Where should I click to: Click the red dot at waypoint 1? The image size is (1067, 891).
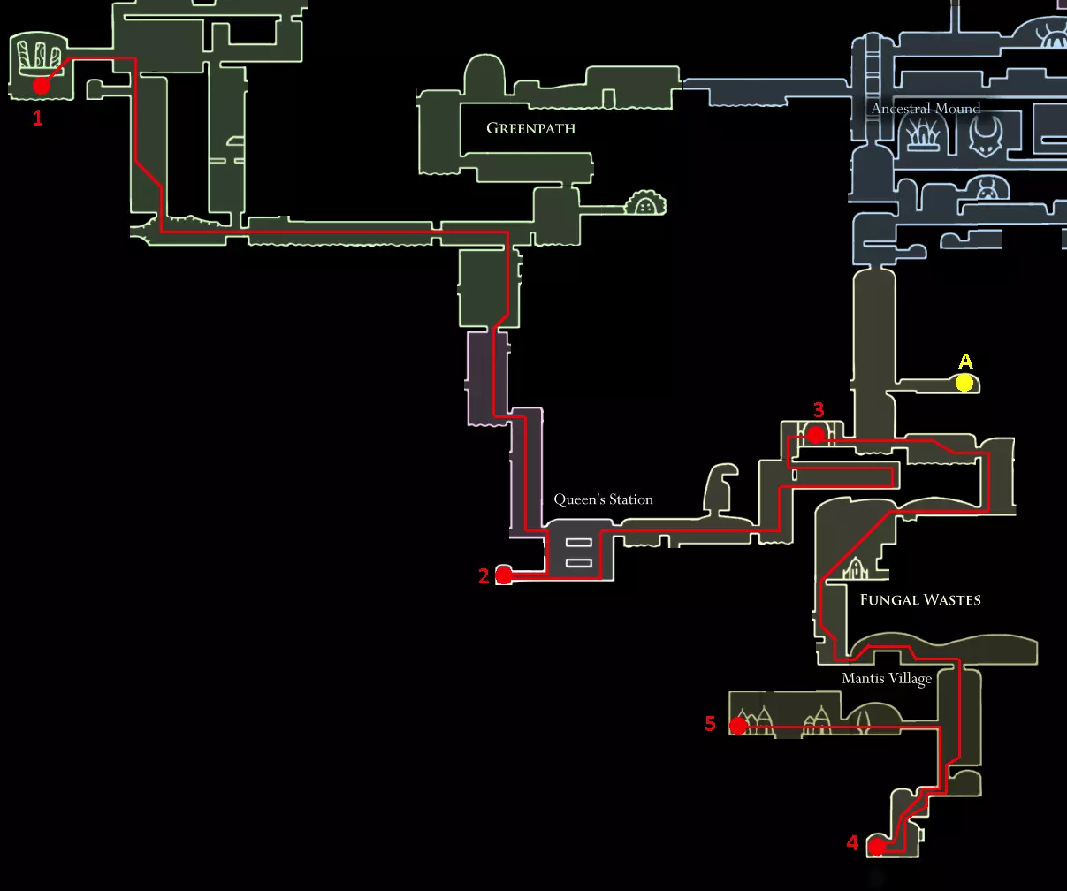(41, 86)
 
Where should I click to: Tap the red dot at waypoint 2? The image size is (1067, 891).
(504, 575)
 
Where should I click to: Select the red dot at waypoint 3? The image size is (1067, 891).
(816, 435)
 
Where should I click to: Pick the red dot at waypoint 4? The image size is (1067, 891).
(876, 847)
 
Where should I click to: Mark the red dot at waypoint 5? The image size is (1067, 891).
(738, 727)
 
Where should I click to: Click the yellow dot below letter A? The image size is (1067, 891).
(964, 383)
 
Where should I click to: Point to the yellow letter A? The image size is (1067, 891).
(965, 362)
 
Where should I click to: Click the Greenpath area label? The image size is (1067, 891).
(530, 128)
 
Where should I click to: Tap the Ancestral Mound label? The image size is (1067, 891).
(926, 109)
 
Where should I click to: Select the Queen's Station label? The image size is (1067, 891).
(603, 499)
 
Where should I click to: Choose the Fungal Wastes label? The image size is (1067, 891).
(920, 599)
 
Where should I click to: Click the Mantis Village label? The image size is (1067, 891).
(887, 679)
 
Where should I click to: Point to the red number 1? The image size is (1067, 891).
(37, 118)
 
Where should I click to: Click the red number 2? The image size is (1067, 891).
(484, 576)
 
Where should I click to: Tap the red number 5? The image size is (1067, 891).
(710, 725)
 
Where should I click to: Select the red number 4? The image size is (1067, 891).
(852, 843)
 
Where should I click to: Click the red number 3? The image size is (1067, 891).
(819, 410)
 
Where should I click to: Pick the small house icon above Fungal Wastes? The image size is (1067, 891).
(855, 568)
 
